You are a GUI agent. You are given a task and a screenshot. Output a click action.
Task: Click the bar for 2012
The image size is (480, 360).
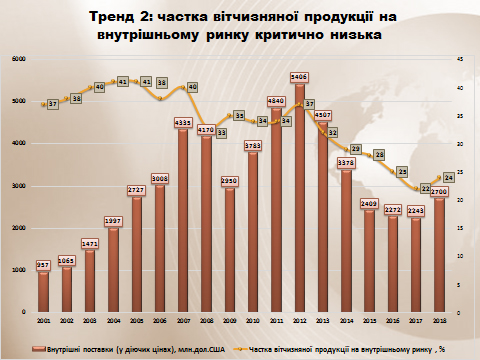pyautogui.click(x=299, y=200)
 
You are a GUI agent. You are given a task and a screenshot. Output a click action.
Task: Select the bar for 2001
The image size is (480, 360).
pyautogui.click(x=43, y=291)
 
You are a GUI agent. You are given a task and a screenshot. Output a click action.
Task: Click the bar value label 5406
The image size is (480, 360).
pyautogui.click(x=299, y=76)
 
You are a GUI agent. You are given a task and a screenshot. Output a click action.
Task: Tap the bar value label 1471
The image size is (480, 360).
pyautogui.click(x=90, y=243)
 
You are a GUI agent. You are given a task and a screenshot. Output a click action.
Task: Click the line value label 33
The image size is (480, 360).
pyautogui.click(x=222, y=131)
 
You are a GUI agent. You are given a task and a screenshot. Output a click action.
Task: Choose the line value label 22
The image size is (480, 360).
pyautogui.click(x=425, y=188)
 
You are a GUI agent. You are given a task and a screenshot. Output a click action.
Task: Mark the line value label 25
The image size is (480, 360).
pyautogui.click(x=402, y=171)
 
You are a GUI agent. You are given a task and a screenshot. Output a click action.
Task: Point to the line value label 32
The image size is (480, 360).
pyautogui.click(x=332, y=131)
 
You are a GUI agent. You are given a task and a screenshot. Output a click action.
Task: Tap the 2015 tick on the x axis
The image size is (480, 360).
pyautogui.click(x=369, y=319)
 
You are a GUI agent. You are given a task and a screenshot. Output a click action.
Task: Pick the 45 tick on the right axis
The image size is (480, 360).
pyautogui.click(x=459, y=60)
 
